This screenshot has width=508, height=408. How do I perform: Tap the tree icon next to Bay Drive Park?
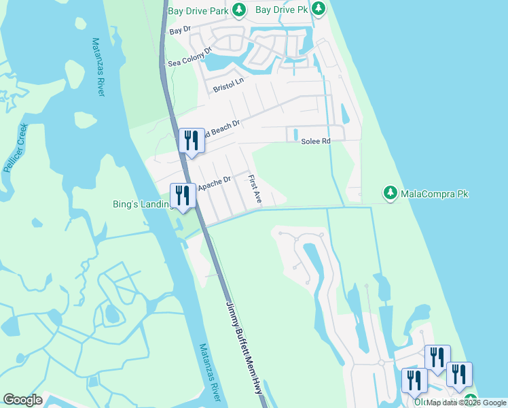pyautogui.click(x=238, y=10)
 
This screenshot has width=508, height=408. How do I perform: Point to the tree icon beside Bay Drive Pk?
pyautogui.click(x=318, y=10)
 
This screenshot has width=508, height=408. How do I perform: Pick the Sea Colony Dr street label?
pyautogui.click(x=191, y=56)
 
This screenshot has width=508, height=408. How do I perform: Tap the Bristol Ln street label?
pyautogui.click(x=228, y=85)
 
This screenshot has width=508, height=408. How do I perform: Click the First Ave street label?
pyautogui.click(x=255, y=190)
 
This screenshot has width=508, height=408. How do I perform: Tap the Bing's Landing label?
pyautogui.click(x=140, y=203)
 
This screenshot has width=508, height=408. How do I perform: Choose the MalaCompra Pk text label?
pyautogui.click(x=435, y=194)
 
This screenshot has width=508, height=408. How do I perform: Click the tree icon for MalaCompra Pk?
pyautogui.click(x=391, y=194)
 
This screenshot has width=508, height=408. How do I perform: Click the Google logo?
pyautogui.click(x=22, y=400)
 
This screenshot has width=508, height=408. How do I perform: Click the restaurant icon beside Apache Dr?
pyautogui.click(x=182, y=196)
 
